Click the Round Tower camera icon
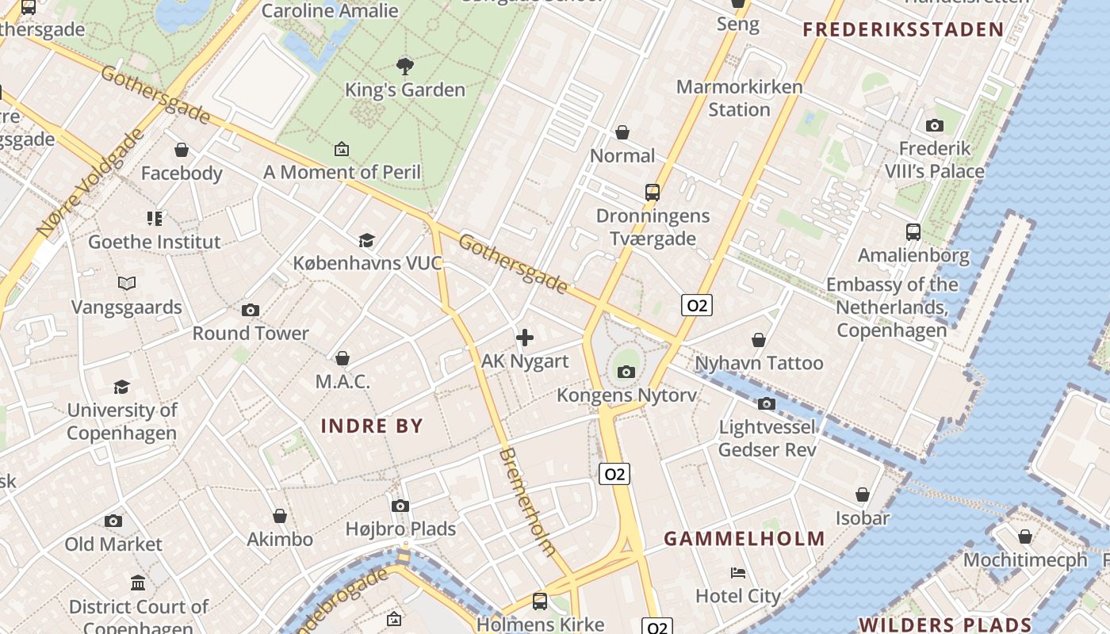click(x=251, y=310)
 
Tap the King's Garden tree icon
click(x=404, y=66)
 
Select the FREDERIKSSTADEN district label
click(x=903, y=30)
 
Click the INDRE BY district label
click(x=372, y=426)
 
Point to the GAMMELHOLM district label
click(x=744, y=539)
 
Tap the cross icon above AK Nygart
click(x=524, y=338)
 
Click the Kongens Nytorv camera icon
click(x=626, y=372)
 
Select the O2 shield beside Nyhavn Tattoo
click(x=696, y=305)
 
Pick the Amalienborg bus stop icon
click(x=913, y=232)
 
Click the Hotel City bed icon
click(x=738, y=572)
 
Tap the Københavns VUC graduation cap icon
click(x=366, y=240)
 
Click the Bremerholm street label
click(x=527, y=501)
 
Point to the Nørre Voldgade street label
click(x=91, y=182)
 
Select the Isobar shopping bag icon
click(x=863, y=495)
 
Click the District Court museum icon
click(x=138, y=583)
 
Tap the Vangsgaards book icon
click(x=126, y=283)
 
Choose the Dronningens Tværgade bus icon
click(x=653, y=193)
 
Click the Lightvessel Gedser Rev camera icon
click(x=766, y=404)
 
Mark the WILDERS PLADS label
click(x=944, y=624)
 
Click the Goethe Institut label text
click(x=154, y=242)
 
